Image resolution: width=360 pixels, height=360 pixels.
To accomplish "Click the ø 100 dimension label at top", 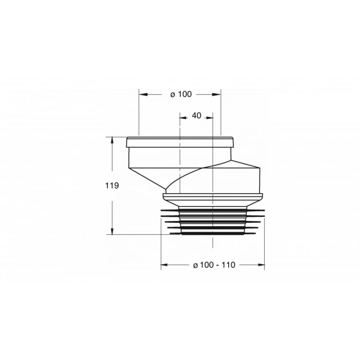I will point(181,94).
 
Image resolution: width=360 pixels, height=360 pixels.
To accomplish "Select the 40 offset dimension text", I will point(196,116).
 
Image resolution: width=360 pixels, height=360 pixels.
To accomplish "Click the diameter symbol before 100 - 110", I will point(195,265).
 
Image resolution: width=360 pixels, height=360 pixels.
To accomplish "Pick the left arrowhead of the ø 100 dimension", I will point(142,94).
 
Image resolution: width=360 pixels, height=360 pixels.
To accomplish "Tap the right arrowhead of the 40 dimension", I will point(209,117).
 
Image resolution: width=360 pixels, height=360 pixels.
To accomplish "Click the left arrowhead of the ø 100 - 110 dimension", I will point(164,265).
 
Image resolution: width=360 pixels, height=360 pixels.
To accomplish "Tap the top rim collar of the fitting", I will point(180,142).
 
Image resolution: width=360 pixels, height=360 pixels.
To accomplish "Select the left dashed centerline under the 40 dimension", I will point(180,168).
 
